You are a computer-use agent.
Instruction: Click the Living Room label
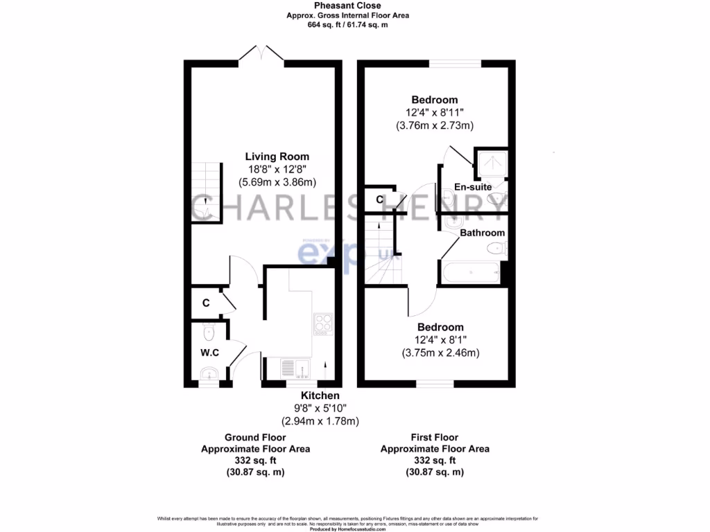click(277, 157)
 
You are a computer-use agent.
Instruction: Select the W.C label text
click(209, 353)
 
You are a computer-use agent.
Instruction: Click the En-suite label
click(473, 187)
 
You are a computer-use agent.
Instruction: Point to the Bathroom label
click(483, 233)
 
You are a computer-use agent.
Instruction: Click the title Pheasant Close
click(347, 6)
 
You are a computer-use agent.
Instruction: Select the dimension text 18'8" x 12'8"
click(277, 170)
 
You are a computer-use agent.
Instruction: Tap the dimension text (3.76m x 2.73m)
click(435, 125)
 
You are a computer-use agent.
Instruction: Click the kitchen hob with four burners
click(324, 323)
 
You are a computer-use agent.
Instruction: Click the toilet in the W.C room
click(208, 328)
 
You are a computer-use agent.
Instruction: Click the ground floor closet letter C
click(206, 303)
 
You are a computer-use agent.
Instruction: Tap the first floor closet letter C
click(379, 200)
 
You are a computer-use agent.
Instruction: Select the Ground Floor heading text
click(255, 437)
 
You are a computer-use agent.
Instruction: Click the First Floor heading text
click(435, 437)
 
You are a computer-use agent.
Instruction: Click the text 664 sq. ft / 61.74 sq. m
click(347, 24)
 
